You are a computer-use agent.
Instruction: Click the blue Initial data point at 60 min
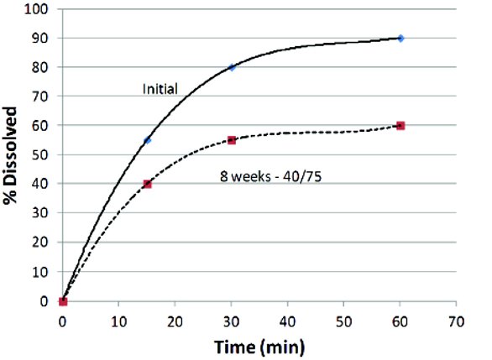tap(400, 38)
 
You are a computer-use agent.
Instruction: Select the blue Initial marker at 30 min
tap(232, 67)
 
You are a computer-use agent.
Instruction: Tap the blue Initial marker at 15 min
tap(147, 140)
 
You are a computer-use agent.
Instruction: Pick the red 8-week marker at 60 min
tap(400, 126)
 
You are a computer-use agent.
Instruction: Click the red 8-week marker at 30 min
tap(232, 140)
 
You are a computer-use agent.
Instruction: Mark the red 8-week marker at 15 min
tap(147, 184)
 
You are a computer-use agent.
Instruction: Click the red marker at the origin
tap(63, 301)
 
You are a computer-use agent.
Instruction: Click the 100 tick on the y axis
tap(39, 9)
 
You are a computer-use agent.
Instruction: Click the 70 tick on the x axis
tap(456, 321)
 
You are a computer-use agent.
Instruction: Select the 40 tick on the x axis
tap(288, 321)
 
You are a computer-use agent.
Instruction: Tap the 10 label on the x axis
tap(119, 321)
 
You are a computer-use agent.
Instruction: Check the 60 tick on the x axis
tap(400, 321)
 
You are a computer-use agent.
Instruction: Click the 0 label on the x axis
tap(63, 321)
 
